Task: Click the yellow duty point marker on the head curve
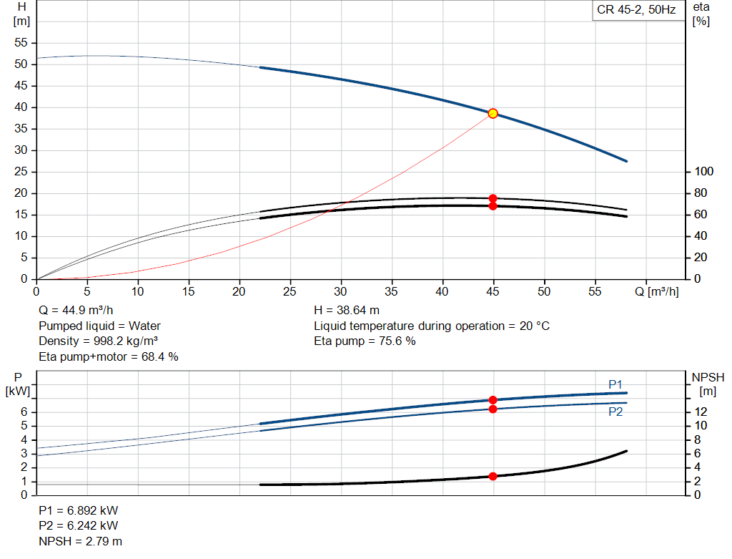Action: (x=493, y=113)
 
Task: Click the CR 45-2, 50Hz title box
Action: (x=635, y=11)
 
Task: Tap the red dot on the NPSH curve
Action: (x=493, y=476)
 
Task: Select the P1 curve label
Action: (x=615, y=384)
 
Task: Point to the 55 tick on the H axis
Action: (x=21, y=43)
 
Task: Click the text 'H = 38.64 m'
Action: (x=346, y=311)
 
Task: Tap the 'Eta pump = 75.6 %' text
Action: (x=365, y=341)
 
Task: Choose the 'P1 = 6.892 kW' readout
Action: (x=79, y=511)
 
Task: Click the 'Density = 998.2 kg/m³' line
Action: (x=98, y=341)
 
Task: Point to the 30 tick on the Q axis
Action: (x=340, y=292)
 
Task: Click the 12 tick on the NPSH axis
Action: (x=701, y=412)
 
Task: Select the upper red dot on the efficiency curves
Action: (x=493, y=198)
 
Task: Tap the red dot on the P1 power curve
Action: (x=493, y=399)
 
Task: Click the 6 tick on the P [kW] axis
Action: (x=24, y=412)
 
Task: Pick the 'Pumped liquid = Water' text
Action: (x=99, y=326)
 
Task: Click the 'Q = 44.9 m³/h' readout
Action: (x=76, y=311)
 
